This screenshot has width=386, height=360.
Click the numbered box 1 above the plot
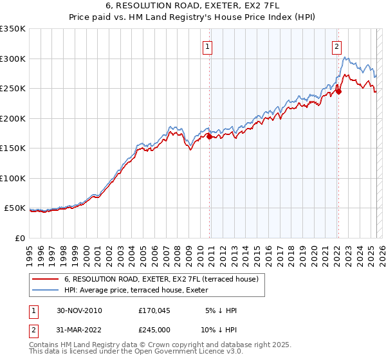click(x=208, y=46)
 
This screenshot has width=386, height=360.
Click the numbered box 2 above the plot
click(x=337, y=46)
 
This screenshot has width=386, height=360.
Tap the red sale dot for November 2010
click(x=209, y=136)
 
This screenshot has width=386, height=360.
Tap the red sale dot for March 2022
click(x=339, y=91)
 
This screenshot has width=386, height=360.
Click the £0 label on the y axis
click(x=19, y=238)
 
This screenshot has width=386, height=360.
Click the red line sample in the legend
click(x=45, y=278)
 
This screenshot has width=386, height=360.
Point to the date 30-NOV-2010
click(x=79, y=310)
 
